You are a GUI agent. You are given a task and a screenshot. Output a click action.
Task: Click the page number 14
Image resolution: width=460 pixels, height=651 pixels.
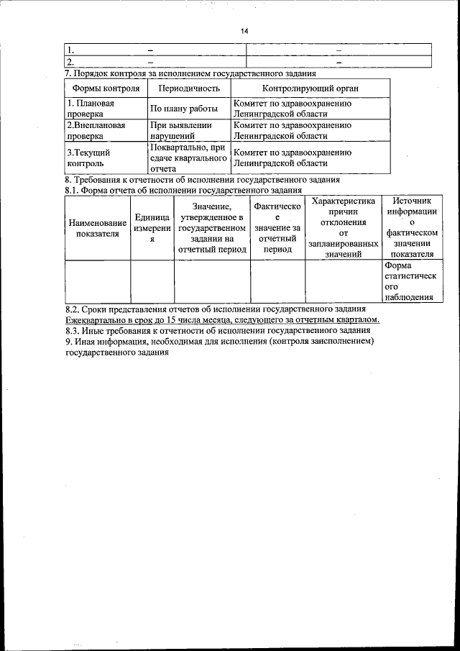point(244,31)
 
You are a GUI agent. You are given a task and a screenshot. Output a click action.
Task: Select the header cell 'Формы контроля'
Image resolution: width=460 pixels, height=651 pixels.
point(106,88)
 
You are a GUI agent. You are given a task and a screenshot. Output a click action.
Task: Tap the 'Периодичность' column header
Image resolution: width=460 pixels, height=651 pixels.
point(188,88)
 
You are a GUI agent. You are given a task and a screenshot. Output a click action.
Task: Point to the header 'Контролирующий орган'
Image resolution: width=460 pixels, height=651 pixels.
point(310,88)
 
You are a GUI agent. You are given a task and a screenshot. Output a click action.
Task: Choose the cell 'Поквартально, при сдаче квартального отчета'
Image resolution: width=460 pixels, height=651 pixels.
point(188,158)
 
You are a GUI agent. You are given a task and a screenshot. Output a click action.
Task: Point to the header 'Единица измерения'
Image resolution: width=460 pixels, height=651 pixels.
point(152,228)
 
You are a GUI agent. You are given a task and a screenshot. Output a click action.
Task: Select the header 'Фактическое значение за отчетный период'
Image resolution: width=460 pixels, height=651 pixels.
point(277,228)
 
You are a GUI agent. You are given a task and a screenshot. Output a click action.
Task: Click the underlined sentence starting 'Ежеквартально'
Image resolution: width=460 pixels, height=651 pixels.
point(221,319)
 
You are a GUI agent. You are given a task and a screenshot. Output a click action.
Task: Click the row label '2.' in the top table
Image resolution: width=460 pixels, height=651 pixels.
point(71,63)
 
